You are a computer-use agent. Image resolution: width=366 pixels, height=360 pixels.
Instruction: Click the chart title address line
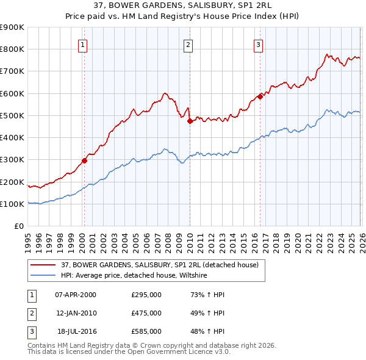click(x=183, y=5)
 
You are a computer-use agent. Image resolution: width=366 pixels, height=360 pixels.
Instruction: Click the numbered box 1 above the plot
click(x=82, y=45)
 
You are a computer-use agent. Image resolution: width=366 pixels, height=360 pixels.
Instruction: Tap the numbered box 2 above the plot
click(x=188, y=45)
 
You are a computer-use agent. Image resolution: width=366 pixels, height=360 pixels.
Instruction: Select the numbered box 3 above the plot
click(x=258, y=45)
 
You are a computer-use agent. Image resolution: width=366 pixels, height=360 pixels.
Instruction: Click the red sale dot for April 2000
click(x=85, y=161)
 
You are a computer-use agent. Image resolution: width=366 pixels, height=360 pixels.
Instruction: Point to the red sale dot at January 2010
click(x=190, y=121)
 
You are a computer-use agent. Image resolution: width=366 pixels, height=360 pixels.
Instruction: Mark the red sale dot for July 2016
click(x=260, y=96)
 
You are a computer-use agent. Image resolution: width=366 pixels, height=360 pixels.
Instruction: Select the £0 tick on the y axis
click(x=18, y=226)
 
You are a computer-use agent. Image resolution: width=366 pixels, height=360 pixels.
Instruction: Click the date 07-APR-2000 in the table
click(x=76, y=295)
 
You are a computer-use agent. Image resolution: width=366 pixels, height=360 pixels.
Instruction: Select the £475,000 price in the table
click(x=146, y=313)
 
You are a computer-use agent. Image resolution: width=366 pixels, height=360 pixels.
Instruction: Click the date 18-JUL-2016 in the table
click(x=76, y=331)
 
